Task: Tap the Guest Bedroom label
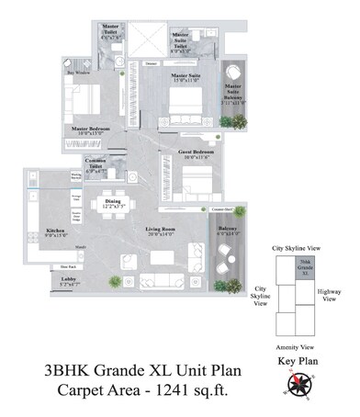(178, 154)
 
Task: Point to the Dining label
(112, 200)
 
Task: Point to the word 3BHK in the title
(71, 371)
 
